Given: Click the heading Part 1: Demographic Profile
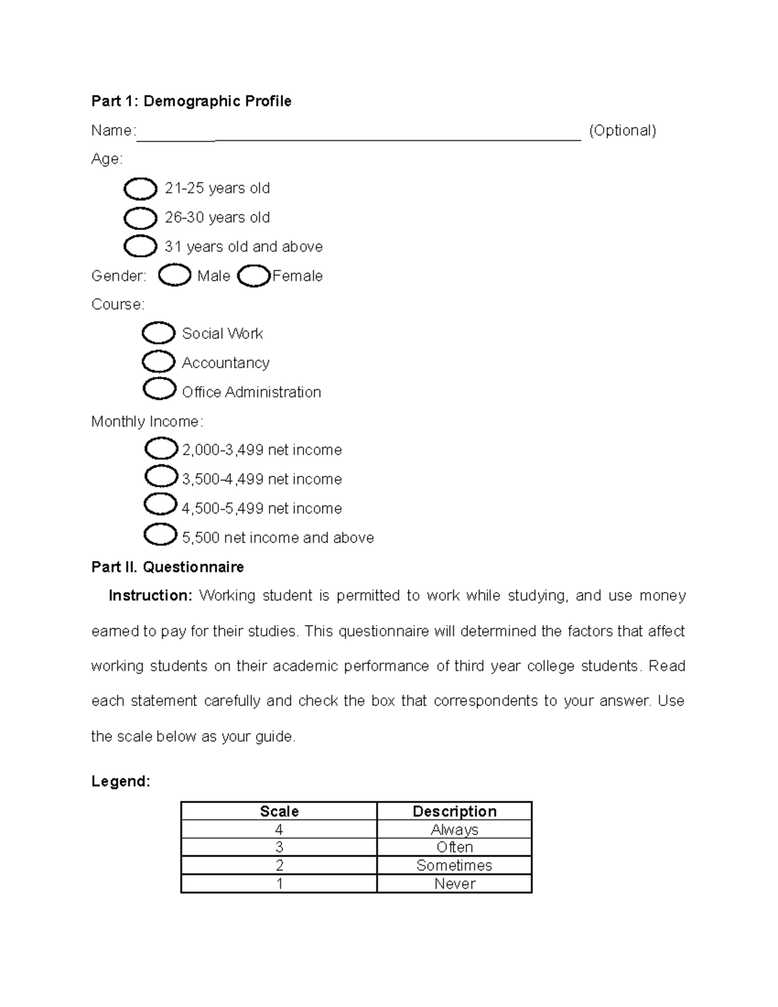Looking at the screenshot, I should pyautogui.click(x=191, y=101).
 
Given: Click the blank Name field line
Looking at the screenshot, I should pyautogui.click(x=358, y=134).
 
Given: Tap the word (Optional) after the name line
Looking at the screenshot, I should pyautogui.click(x=622, y=130).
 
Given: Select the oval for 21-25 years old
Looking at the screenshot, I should pyautogui.click(x=140, y=189).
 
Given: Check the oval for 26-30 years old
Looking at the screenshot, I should pyautogui.click(x=140, y=219).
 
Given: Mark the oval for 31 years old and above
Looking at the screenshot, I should pyautogui.click(x=140, y=247).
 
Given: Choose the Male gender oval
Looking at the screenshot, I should pyautogui.click(x=174, y=276).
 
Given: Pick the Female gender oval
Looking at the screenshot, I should pyautogui.click(x=253, y=276).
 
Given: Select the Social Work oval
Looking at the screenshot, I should pyautogui.click(x=158, y=333).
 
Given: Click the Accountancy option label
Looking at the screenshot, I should pyautogui.click(x=226, y=363).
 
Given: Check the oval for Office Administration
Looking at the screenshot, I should pyautogui.click(x=159, y=390).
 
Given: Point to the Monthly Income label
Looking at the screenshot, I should pyautogui.click(x=147, y=421).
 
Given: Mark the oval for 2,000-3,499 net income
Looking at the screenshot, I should pyautogui.click(x=161, y=449).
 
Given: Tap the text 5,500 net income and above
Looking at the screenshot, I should pyautogui.click(x=277, y=538).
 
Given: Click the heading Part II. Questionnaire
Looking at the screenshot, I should pyautogui.click(x=167, y=567).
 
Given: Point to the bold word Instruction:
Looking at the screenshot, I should pyautogui.click(x=150, y=596).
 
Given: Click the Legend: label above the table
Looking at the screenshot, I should pyautogui.click(x=121, y=781).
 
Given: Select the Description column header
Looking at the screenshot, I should pyautogui.click(x=454, y=811).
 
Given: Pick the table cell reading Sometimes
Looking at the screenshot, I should pyautogui.click(x=454, y=866).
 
